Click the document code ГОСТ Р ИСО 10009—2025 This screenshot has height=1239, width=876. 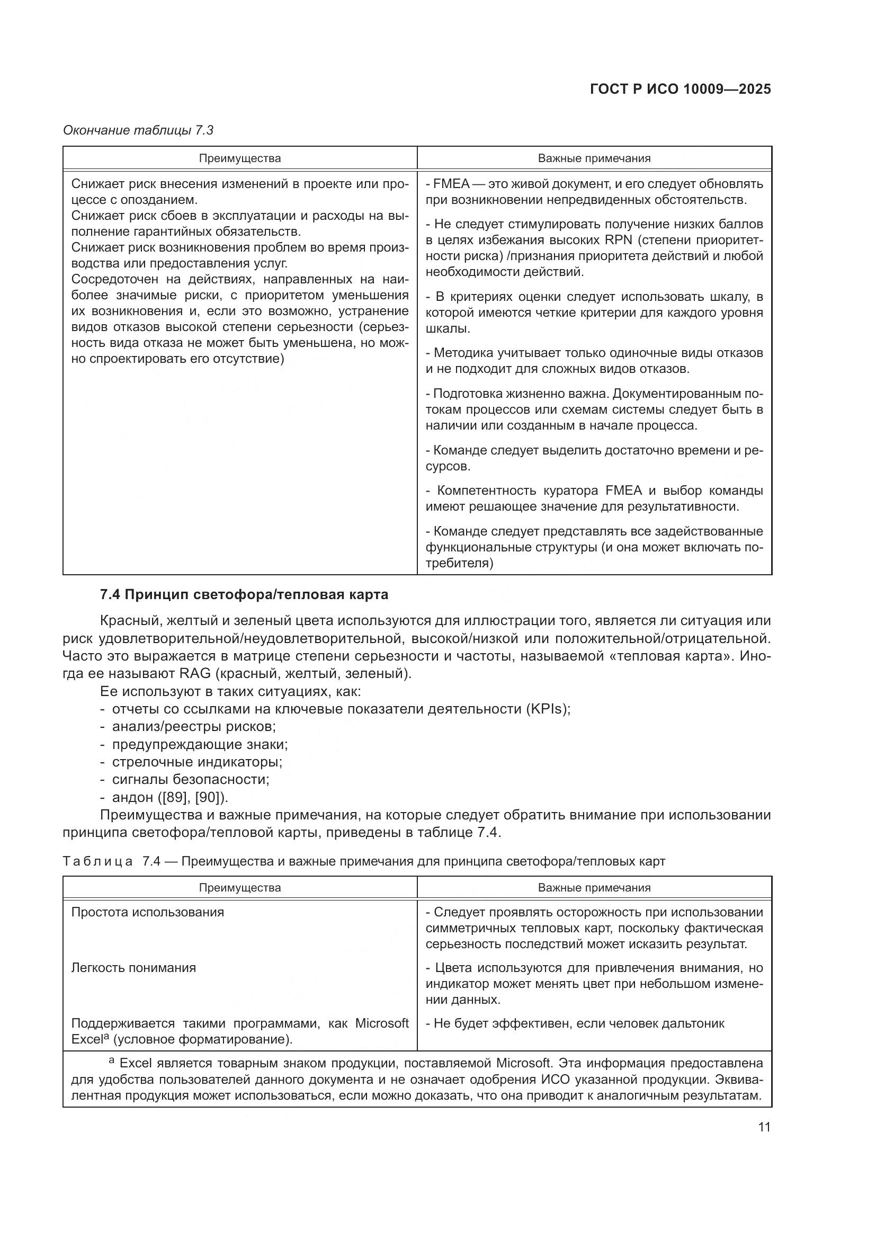click(680, 90)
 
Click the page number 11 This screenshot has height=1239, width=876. click(764, 1127)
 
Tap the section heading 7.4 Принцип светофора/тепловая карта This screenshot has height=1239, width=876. click(244, 595)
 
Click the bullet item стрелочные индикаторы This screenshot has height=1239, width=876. click(197, 762)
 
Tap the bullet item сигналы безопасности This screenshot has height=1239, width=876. click(191, 779)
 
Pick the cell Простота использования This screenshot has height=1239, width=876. click(147, 912)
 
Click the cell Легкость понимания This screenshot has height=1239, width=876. click(133, 968)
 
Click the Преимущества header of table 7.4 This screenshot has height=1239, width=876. click(239, 888)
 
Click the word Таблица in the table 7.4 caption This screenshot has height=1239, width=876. click(97, 861)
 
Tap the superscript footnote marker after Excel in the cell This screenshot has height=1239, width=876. click(106, 1036)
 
